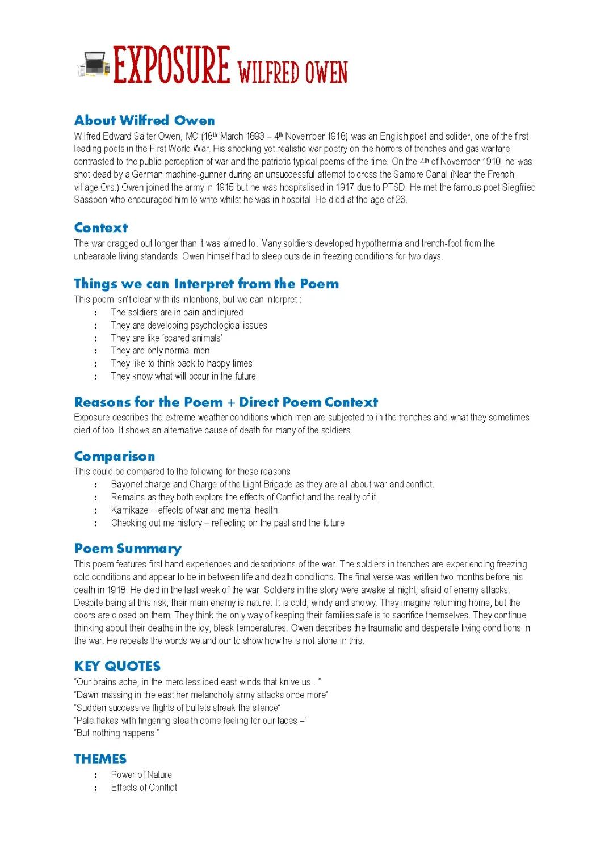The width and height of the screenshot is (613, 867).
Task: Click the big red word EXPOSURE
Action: tap(171, 65)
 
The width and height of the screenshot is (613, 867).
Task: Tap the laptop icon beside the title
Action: tap(93, 65)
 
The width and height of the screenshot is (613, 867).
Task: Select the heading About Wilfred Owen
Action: tap(144, 120)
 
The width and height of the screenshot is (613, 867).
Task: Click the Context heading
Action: tap(100, 228)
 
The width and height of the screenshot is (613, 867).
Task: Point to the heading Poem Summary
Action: tap(128, 548)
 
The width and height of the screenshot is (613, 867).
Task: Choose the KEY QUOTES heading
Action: tap(117, 666)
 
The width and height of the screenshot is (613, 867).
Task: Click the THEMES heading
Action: tap(100, 759)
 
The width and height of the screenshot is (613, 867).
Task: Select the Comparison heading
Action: tap(114, 456)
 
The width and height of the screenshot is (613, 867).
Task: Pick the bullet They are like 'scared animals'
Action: tap(166, 338)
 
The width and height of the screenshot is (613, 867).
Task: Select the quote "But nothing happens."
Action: tap(116, 733)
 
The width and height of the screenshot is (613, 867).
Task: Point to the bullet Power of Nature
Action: tap(141, 775)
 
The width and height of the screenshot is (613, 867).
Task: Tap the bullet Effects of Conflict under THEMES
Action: tap(144, 788)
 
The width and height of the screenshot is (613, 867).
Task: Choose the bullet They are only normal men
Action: tap(160, 351)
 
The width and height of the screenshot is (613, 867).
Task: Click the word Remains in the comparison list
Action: tap(128, 497)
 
